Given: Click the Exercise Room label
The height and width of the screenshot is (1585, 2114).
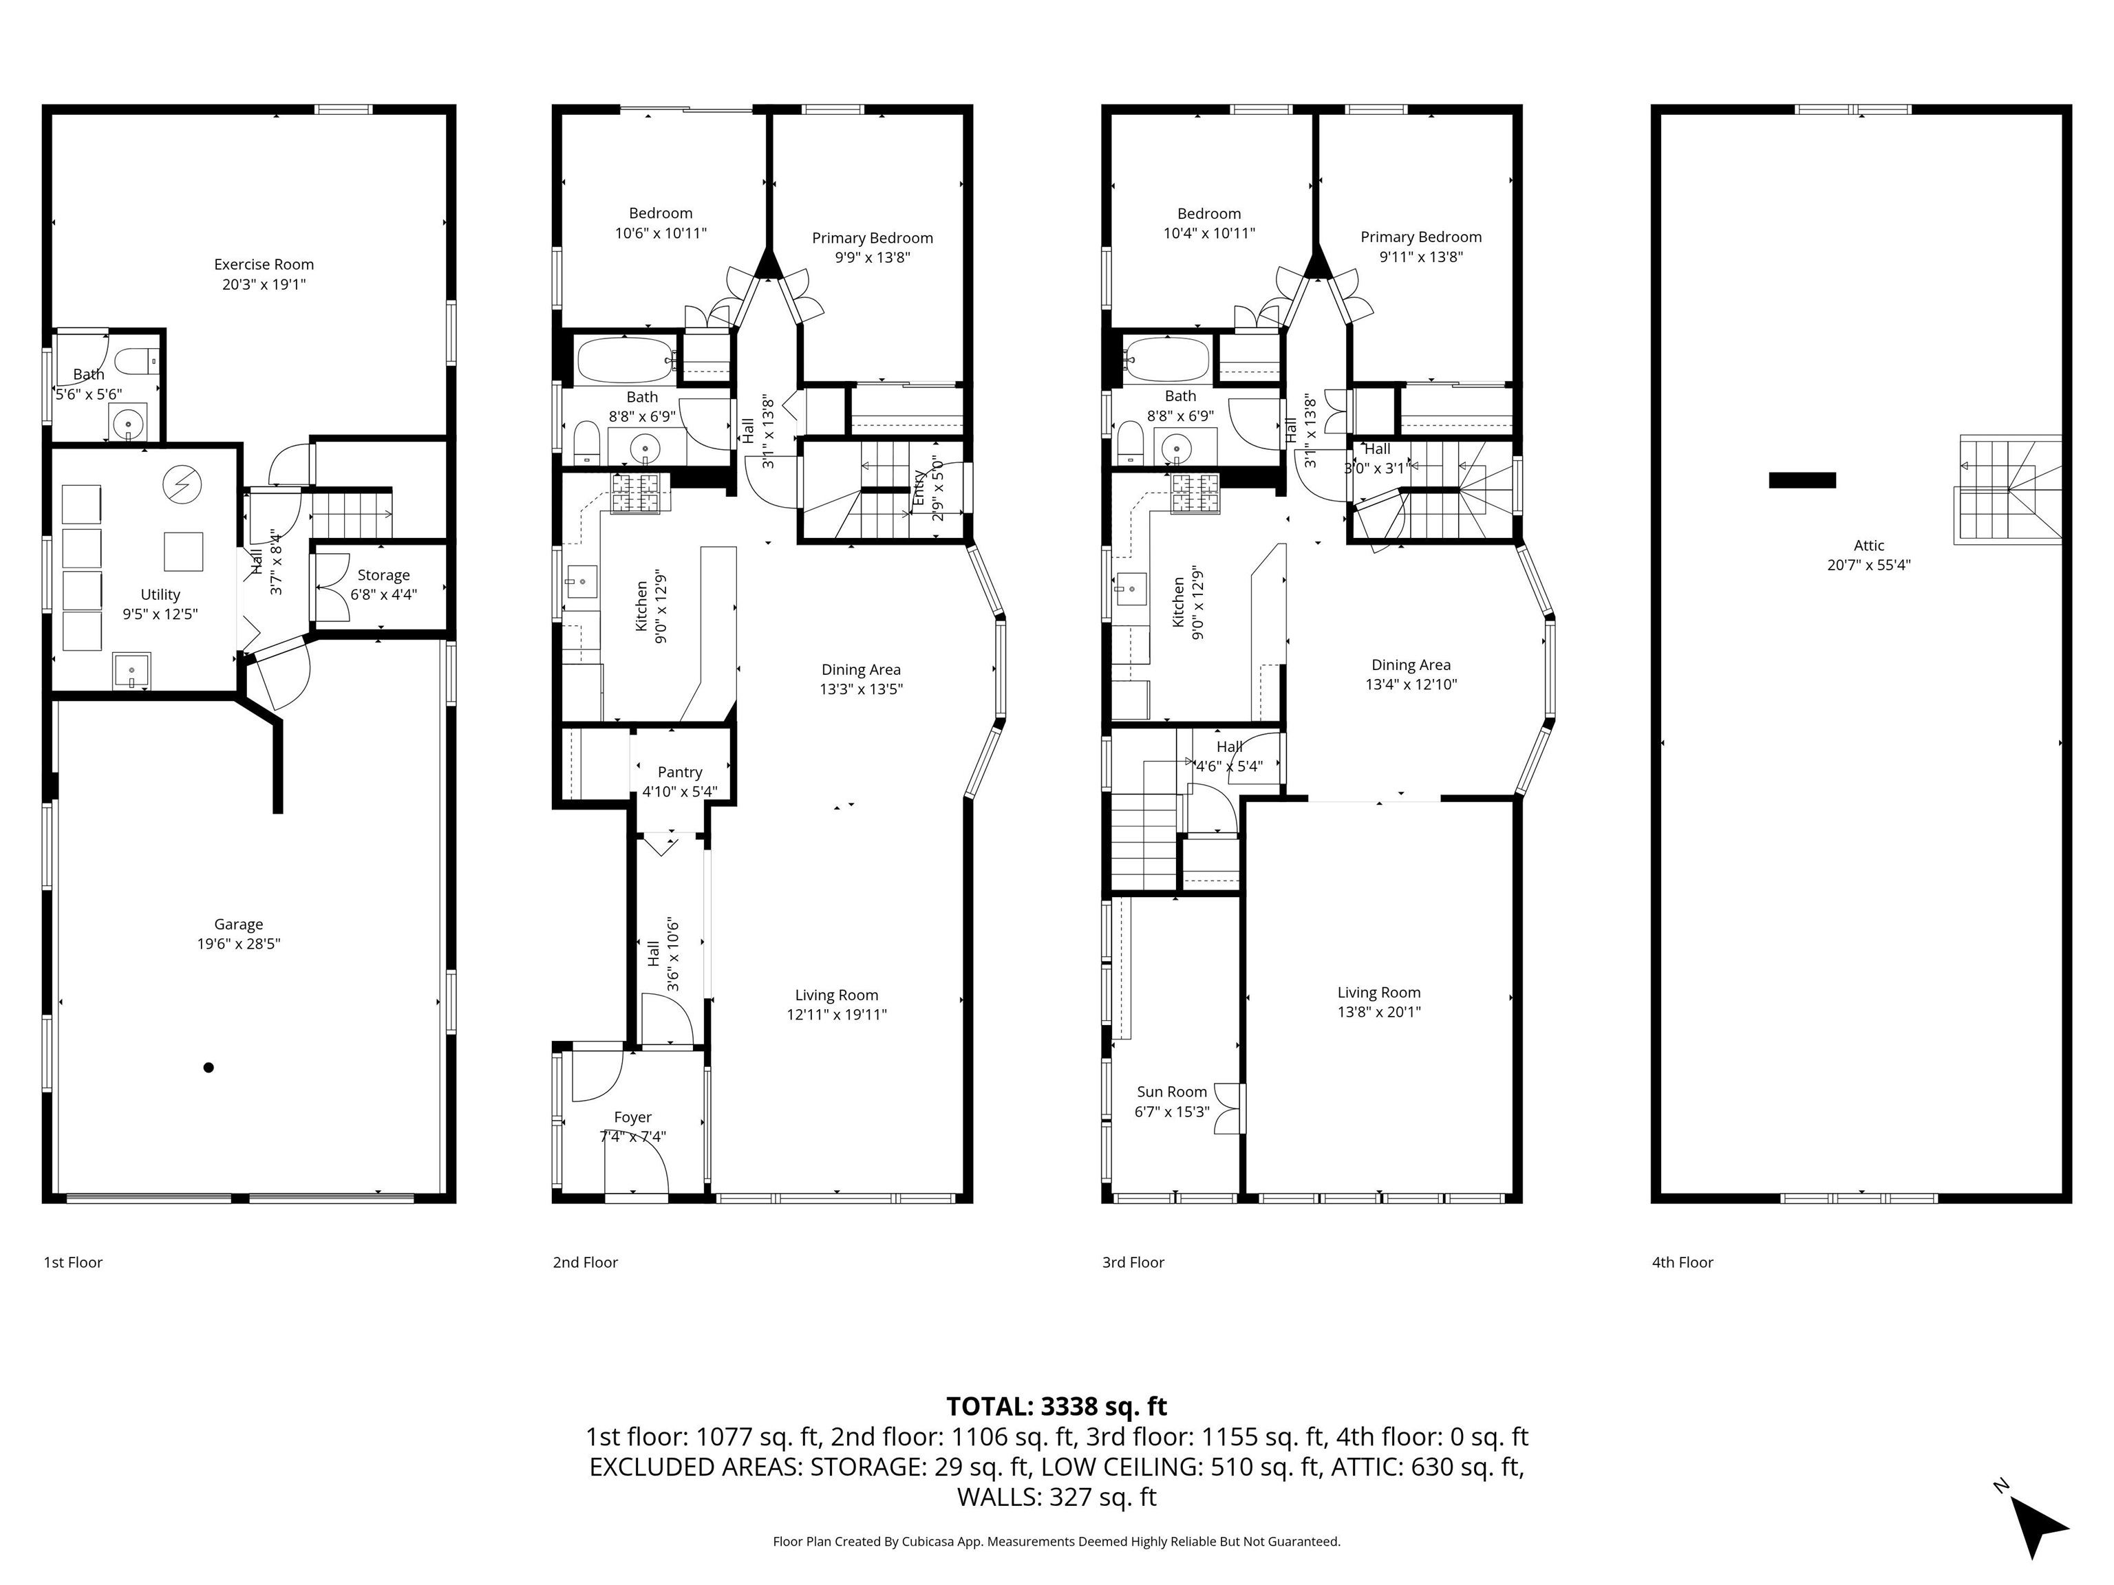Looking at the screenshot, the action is pos(264,265).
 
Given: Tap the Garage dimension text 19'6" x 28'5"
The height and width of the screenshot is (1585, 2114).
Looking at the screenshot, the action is pos(238,944).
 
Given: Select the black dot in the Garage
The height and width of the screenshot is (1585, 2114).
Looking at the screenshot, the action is pos(209,1067).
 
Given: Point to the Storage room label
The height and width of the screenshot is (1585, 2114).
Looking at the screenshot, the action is pos(383,575).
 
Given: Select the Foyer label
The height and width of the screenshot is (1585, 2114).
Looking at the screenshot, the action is pos(632,1117).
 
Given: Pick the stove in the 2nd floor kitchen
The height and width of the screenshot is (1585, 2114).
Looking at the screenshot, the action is pos(640,493).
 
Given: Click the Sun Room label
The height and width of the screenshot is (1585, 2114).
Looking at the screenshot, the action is pos(1172,1092).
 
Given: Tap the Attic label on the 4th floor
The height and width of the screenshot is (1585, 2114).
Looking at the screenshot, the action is pos(1868,546).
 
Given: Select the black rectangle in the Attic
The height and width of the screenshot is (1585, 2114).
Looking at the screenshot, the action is pos(1802,481).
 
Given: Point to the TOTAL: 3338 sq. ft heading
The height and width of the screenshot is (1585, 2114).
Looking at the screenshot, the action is pos(1056,1406).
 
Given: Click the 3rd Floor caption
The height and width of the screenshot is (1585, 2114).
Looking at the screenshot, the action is pos(1133,1262).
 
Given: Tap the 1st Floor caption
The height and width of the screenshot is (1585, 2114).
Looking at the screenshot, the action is pos(73,1262).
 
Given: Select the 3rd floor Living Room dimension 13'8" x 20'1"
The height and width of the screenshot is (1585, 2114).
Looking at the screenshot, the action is pos(1378,1012).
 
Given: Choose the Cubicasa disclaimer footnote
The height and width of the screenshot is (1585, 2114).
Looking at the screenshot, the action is pos(1056,1541).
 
